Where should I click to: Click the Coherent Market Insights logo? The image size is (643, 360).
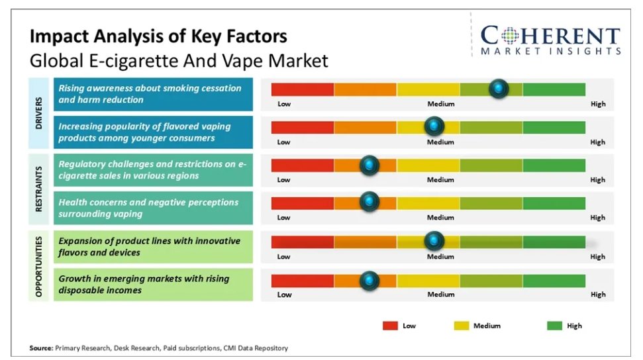(x=550, y=40)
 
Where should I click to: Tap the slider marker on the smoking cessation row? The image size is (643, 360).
(x=499, y=89)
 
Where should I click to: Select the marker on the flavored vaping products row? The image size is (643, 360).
(x=434, y=126)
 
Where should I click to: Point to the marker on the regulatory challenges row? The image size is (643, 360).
(x=369, y=165)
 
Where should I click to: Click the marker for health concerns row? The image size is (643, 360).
(x=369, y=202)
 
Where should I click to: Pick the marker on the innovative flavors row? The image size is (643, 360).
(x=434, y=241)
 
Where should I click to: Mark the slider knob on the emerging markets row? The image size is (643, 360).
(x=369, y=280)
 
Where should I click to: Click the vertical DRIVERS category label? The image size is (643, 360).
(x=39, y=113)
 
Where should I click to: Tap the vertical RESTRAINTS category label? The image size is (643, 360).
(x=39, y=189)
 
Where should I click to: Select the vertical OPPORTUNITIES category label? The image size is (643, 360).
(x=39, y=265)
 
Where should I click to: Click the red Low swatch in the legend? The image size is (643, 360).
(x=390, y=326)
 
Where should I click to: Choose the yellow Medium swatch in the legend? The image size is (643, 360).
(x=462, y=326)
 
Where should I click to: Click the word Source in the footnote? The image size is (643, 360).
(x=40, y=347)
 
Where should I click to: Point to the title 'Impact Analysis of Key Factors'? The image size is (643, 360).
(x=158, y=36)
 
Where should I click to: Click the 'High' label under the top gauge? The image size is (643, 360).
(x=597, y=104)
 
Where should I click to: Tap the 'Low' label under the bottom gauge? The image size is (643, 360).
(x=283, y=294)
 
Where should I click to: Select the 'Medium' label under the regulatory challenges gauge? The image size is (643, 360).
(x=440, y=180)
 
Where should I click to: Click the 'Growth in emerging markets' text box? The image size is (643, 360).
(x=153, y=284)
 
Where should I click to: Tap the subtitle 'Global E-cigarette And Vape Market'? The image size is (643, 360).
(x=179, y=62)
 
